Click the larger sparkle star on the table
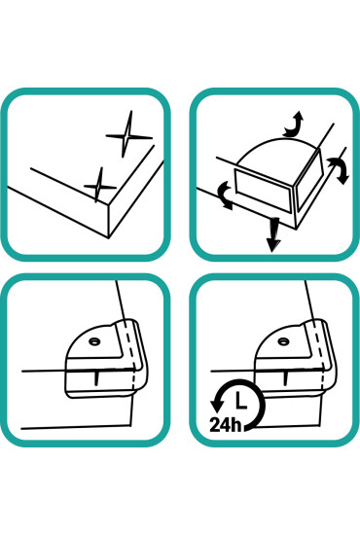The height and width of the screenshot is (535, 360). [x=127, y=136]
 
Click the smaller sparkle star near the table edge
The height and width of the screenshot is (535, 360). [x=99, y=186]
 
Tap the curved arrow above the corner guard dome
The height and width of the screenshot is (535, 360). [x=293, y=125]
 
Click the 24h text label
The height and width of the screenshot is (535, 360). [x=225, y=424]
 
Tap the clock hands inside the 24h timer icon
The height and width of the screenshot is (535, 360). [x=240, y=401]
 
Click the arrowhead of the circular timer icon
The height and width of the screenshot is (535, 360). [x=216, y=405]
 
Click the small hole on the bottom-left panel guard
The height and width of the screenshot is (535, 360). [x=93, y=341]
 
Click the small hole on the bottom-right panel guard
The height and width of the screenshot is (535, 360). [x=282, y=341]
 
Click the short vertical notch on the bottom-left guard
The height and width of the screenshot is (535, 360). [x=96, y=378]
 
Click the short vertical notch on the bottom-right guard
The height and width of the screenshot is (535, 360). [x=286, y=378]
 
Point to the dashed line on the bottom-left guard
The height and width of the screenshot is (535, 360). [x=130, y=355]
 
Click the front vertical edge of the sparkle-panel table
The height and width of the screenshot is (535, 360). [x=109, y=222]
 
